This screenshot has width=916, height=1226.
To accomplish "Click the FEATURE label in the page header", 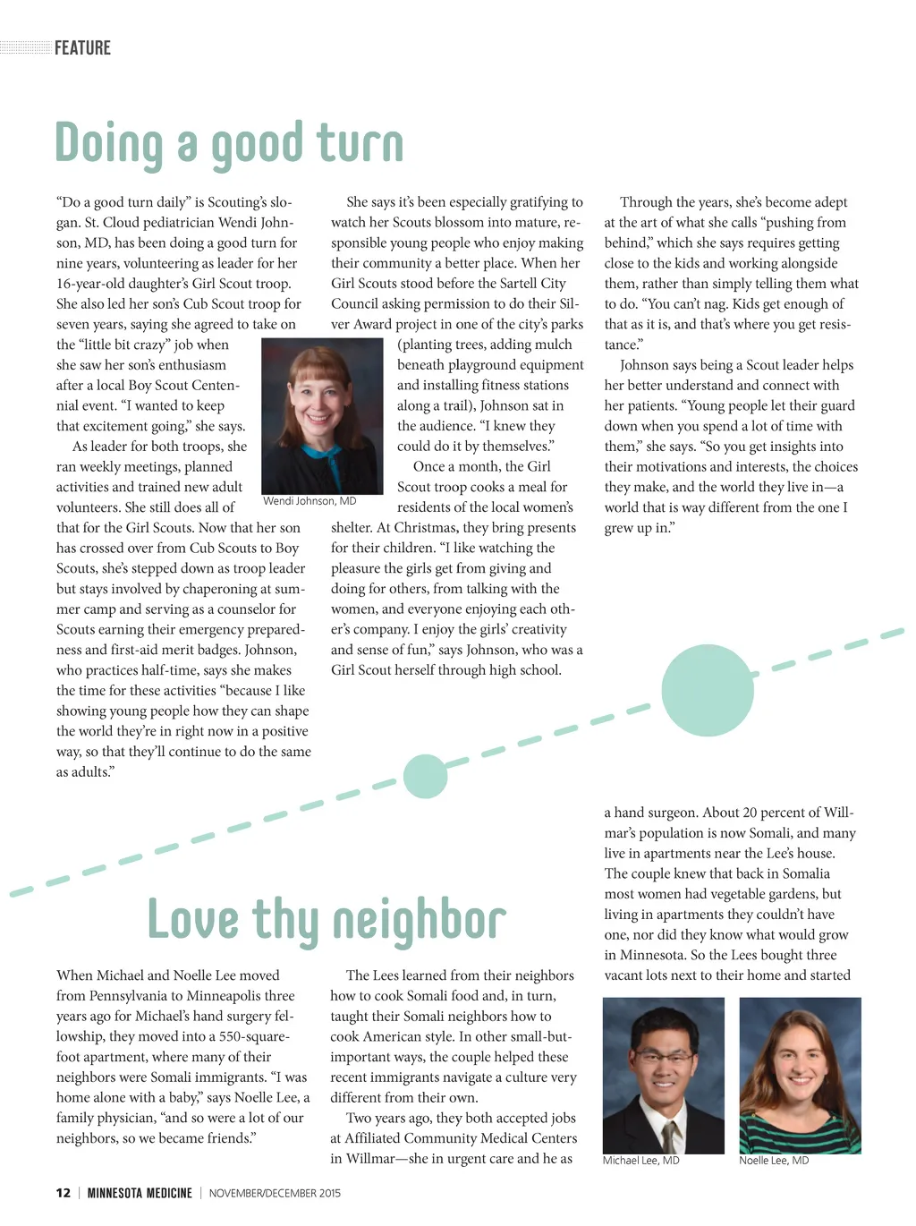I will (82, 48).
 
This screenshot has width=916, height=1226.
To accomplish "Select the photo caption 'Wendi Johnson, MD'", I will (310, 501).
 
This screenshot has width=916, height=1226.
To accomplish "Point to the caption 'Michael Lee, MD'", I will (640, 1161).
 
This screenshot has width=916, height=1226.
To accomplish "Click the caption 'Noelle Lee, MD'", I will (774, 1161).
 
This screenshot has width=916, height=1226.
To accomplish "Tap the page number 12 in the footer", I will (63, 1193).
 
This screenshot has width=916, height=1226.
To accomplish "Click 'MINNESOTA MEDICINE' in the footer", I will (140, 1193).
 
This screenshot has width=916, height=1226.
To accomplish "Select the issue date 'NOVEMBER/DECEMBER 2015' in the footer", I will (275, 1193).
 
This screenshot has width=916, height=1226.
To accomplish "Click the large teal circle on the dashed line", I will (708, 690).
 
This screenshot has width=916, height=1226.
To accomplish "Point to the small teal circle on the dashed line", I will (425, 776).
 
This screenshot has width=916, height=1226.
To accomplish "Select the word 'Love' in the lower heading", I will (193, 919).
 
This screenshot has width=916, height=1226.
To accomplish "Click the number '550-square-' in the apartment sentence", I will (254, 1036).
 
